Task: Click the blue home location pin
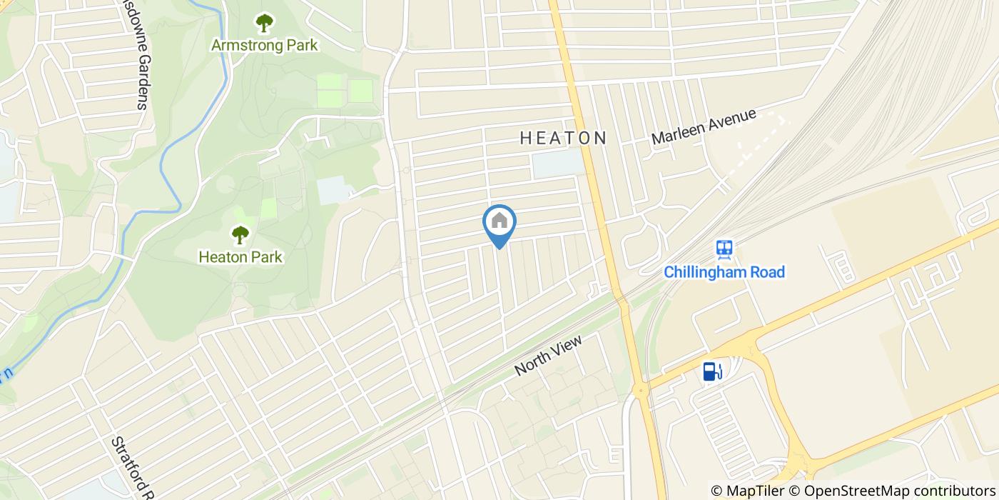(x=499, y=225)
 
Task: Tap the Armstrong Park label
(x=264, y=45)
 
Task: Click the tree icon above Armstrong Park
(x=264, y=23)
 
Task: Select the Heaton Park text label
(x=240, y=256)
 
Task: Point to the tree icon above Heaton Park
(x=240, y=234)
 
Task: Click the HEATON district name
(x=563, y=138)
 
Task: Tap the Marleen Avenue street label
(x=703, y=127)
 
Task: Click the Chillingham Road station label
(x=724, y=272)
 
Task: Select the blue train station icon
(x=725, y=249)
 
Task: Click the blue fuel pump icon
(x=711, y=371)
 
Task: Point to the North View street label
(x=548, y=356)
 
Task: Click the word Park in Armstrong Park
(x=299, y=45)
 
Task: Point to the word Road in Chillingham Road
(x=767, y=272)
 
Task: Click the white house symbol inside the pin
(x=499, y=221)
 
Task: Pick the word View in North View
(x=567, y=346)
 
